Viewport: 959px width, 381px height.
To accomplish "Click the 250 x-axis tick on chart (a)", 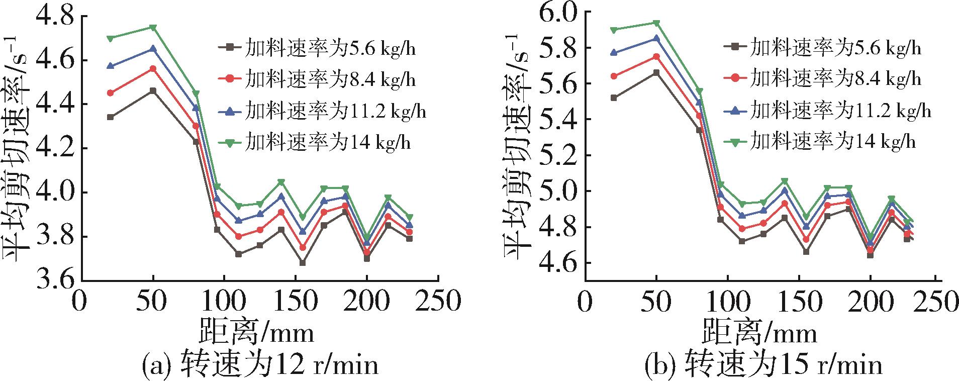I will coord(438,303).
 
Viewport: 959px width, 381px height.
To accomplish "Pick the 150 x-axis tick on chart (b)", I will coord(799,303).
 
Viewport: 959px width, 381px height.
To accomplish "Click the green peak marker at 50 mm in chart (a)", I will coord(153,27).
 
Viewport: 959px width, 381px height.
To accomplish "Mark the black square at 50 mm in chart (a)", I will coord(153,91).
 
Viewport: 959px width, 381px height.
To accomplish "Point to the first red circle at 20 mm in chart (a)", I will coord(111,93).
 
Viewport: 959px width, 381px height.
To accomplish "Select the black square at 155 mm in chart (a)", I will coord(303,263).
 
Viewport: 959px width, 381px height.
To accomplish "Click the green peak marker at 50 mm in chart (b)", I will coord(656,23).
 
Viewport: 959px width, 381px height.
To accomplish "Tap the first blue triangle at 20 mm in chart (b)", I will coord(613,52).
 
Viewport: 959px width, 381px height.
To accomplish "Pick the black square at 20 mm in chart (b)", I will coord(613,98).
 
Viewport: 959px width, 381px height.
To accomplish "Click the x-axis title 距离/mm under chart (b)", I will coord(759,332).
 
